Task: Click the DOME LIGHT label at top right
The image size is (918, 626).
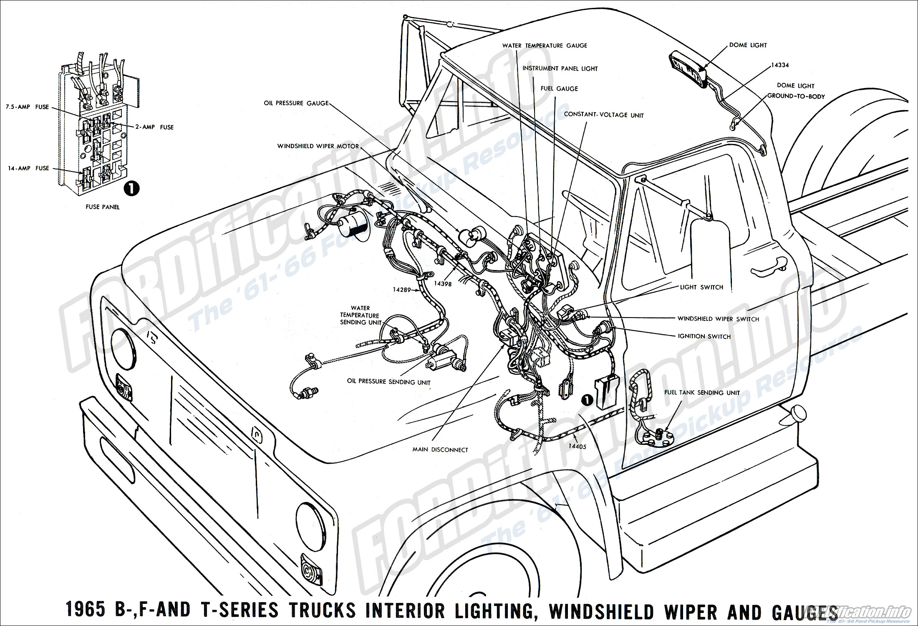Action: point(748,45)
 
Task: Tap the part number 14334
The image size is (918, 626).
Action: point(779,65)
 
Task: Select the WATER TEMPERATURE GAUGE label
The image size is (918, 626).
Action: point(545,45)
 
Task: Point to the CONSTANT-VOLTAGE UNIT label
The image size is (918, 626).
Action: point(604,115)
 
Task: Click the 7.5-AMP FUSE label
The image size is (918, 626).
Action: point(27,107)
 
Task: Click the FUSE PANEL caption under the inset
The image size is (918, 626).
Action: point(102,207)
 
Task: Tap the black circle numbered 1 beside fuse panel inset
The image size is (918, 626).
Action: point(132,189)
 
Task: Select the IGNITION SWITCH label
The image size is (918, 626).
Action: point(704,336)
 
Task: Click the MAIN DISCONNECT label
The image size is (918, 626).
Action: point(440,450)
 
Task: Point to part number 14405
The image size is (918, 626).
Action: point(577,446)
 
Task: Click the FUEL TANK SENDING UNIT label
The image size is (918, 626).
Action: point(702,393)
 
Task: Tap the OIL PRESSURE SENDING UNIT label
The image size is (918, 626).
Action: point(388,382)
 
